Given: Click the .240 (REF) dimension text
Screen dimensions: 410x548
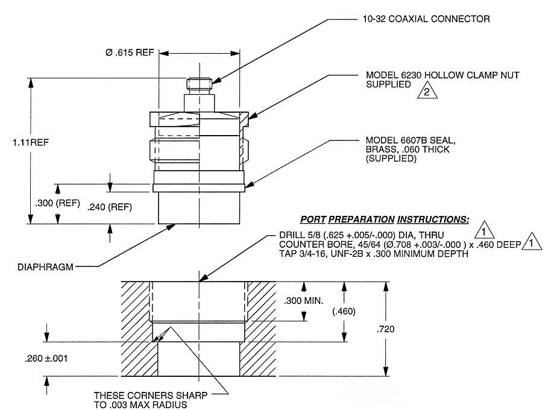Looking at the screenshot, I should pos(109,207).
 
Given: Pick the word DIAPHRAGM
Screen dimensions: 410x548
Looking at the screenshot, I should pos(48,265).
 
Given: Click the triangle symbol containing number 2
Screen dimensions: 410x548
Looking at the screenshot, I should pos(427,92).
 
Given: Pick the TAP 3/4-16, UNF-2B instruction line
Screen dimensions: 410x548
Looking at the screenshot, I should pos(374,254).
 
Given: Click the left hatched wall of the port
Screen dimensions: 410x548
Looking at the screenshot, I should pos(137,329).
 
